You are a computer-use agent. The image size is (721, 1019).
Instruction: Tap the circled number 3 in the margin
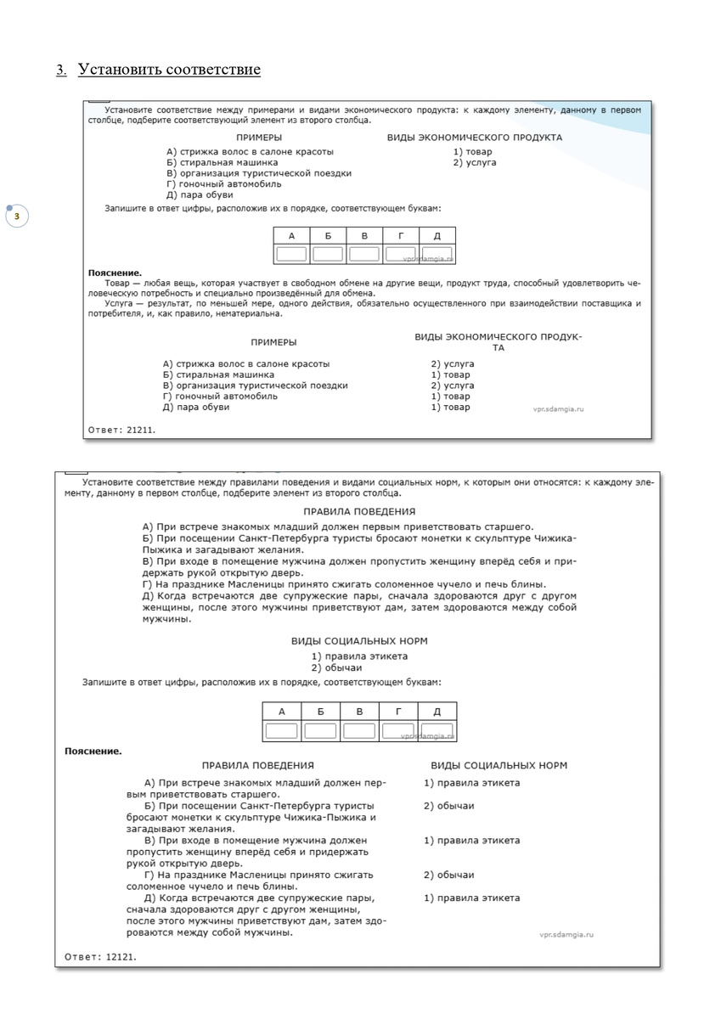point(16,217)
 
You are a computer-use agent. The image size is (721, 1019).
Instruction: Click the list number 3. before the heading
point(61,70)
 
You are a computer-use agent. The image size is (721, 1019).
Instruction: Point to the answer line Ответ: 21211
point(121,430)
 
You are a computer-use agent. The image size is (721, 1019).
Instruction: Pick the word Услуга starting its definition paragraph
point(121,303)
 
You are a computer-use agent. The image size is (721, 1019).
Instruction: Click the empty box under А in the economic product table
point(291,253)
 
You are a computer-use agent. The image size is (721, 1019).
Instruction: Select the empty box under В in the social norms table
point(358,731)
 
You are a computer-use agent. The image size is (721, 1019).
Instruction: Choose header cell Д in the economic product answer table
point(437,236)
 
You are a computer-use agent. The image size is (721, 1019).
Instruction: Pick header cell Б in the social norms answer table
point(320,712)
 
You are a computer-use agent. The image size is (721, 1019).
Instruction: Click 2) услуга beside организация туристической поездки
point(452,386)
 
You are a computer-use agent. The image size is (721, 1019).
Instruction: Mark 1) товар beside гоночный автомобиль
point(450,397)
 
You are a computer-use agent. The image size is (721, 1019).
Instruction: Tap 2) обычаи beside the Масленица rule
point(448,875)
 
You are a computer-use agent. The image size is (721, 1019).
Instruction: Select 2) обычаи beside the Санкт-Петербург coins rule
point(448,806)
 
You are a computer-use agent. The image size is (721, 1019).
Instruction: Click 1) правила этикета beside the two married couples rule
point(471,898)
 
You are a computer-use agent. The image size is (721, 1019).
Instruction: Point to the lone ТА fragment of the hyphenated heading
point(499,348)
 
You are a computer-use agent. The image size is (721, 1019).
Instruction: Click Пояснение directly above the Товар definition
point(115,273)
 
